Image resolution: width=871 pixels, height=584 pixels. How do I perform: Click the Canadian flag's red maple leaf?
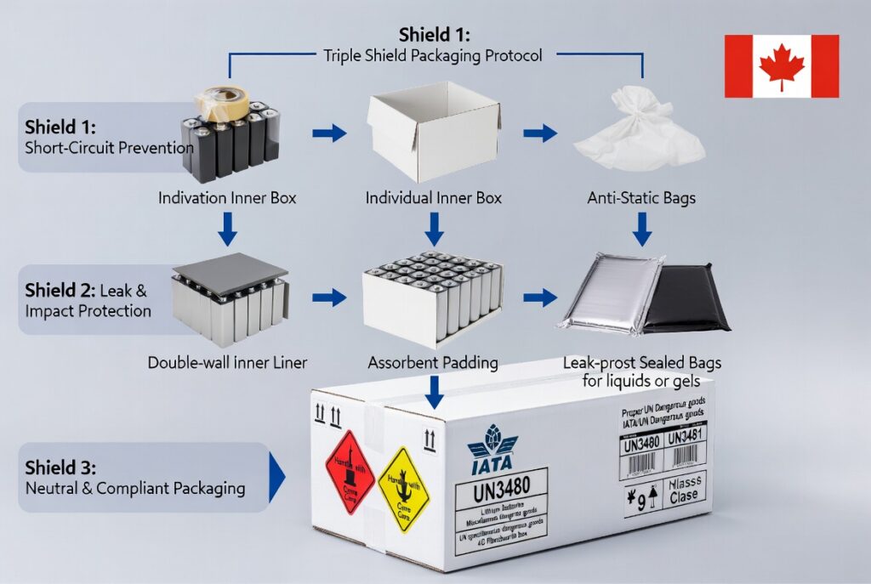click(x=781, y=67)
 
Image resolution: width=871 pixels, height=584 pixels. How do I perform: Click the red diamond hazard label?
click(x=350, y=471)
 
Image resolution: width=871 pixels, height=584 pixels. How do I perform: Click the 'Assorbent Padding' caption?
click(x=433, y=362)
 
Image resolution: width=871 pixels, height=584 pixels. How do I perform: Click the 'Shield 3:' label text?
click(x=60, y=468)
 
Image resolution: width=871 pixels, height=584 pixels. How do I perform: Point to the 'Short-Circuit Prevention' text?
click(x=109, y=147)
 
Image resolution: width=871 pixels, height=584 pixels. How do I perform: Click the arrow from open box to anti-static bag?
click(x=540, y=133)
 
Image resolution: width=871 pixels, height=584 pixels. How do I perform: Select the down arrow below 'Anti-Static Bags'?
click(x=643, y=229)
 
